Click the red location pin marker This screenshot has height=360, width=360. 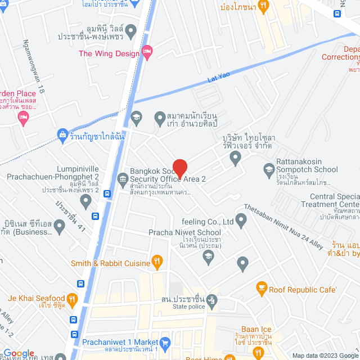179,168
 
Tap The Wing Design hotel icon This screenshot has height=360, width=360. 147,53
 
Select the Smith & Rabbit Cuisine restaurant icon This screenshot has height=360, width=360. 157,262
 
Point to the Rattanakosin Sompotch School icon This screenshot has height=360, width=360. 269,168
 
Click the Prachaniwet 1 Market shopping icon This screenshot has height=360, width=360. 165,342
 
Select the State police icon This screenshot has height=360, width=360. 211,300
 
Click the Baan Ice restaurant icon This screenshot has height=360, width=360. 259,352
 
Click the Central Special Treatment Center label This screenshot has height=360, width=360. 334,200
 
